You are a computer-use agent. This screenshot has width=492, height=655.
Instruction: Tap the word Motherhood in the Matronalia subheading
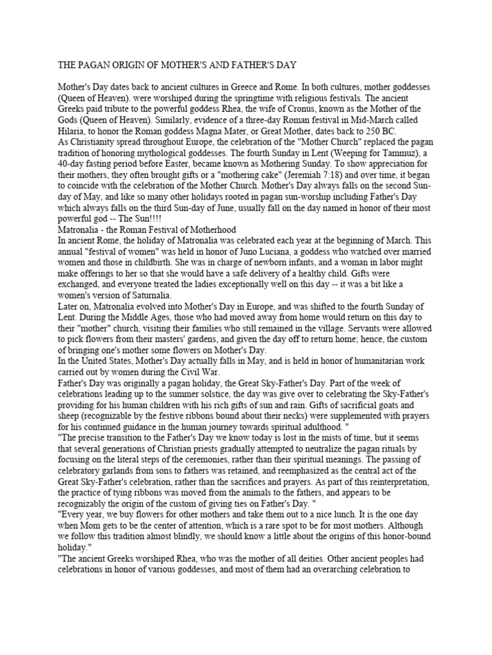click(211, 230)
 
